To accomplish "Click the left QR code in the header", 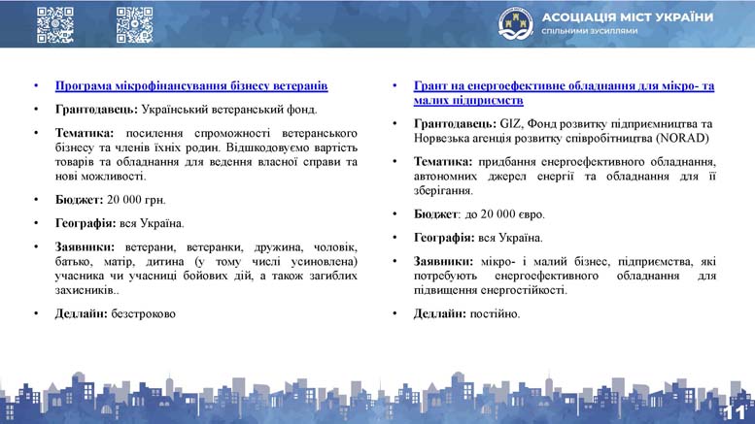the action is [54, 25].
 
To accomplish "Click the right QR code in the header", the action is [134, 25].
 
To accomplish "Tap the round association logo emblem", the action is [516, 23].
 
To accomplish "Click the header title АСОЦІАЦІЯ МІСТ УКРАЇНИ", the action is [628, 17].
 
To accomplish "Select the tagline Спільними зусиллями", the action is [590, 31].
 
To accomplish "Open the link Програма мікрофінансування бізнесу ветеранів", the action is [191, 86].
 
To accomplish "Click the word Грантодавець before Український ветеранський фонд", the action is [96, 110].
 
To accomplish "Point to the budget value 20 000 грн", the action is [136, 200].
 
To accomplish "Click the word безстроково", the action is [144, 314].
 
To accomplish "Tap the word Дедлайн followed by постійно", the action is [439, 314].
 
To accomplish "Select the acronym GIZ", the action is [509, 124].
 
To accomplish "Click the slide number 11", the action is [736, 412].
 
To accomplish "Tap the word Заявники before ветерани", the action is [85, 247].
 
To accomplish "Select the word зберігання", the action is [443, 191].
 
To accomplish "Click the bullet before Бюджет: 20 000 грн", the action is [36, 200].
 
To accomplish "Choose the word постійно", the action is [495, 314].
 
